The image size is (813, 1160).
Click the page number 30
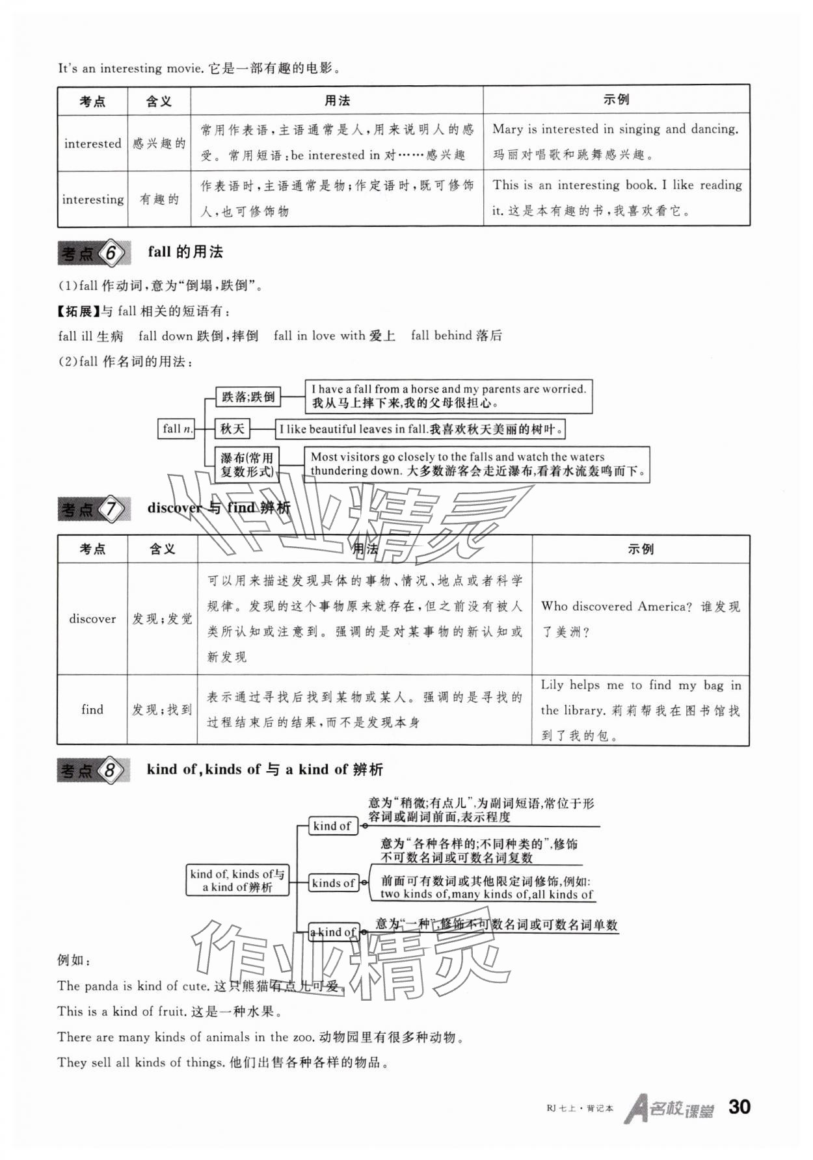(740, 1107)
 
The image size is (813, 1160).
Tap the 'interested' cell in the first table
(92, 144)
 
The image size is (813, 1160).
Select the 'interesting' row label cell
(92, 200)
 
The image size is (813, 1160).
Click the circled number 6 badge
(111, 253)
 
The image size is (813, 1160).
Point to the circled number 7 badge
(111, 509)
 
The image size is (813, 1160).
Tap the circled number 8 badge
(110, 771)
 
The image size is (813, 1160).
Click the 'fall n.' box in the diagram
(177, 429)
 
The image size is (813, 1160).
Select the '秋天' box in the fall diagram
(232, 429)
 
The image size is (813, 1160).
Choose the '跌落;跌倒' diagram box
(248, 397)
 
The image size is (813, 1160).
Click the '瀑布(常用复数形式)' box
(247, 464)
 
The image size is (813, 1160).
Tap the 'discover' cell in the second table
(92, 619)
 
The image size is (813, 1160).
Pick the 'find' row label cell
(92, 710)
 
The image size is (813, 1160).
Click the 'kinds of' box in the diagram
(333, 883)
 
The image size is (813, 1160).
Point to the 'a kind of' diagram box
(333, 932)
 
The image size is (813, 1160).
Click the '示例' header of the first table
(616, 100)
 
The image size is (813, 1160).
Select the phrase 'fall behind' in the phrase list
(441, 336)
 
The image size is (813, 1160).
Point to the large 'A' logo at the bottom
(635, 1109)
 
